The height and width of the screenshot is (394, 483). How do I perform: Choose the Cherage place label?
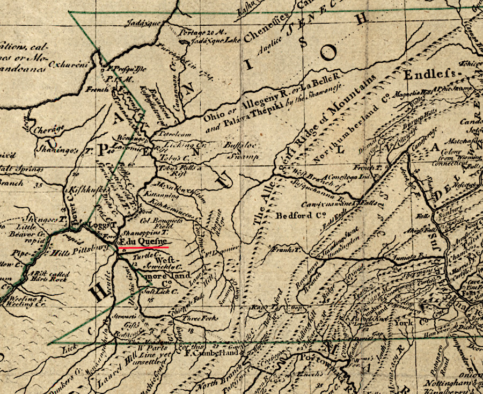point(49,130)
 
